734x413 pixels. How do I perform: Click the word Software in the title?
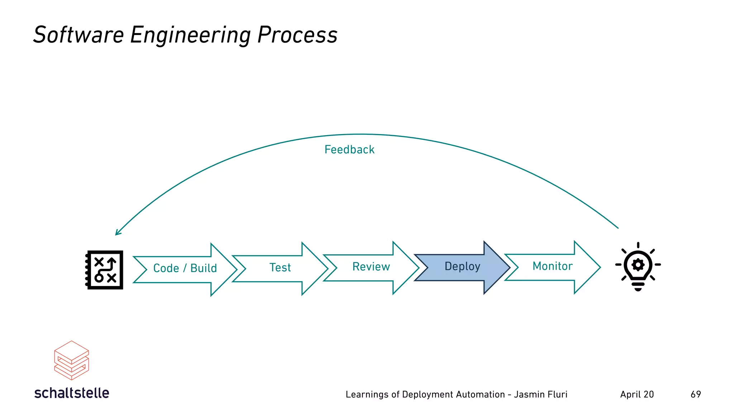[78, 35]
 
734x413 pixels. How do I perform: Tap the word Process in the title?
[297, 35]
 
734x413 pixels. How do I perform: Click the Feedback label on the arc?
[349, 149]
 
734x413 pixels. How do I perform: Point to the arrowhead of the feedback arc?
[117, 233]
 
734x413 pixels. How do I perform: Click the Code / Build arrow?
[185, 269]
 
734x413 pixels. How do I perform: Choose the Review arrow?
[371, 267]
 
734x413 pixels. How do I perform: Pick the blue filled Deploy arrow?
[462, 267]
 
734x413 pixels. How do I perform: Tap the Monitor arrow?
[552, 266]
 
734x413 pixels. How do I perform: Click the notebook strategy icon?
[104, 270]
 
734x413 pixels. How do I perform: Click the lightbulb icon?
[638, 267]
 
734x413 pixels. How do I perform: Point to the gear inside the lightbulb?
[638, 265]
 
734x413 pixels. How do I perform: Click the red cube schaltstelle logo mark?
[71, 360]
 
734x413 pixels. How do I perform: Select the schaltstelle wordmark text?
[72, 393]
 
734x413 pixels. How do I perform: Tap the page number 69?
[696, 394]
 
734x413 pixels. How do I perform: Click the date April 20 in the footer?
[637, 394]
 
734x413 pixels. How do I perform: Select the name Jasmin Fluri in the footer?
[540, 394]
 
